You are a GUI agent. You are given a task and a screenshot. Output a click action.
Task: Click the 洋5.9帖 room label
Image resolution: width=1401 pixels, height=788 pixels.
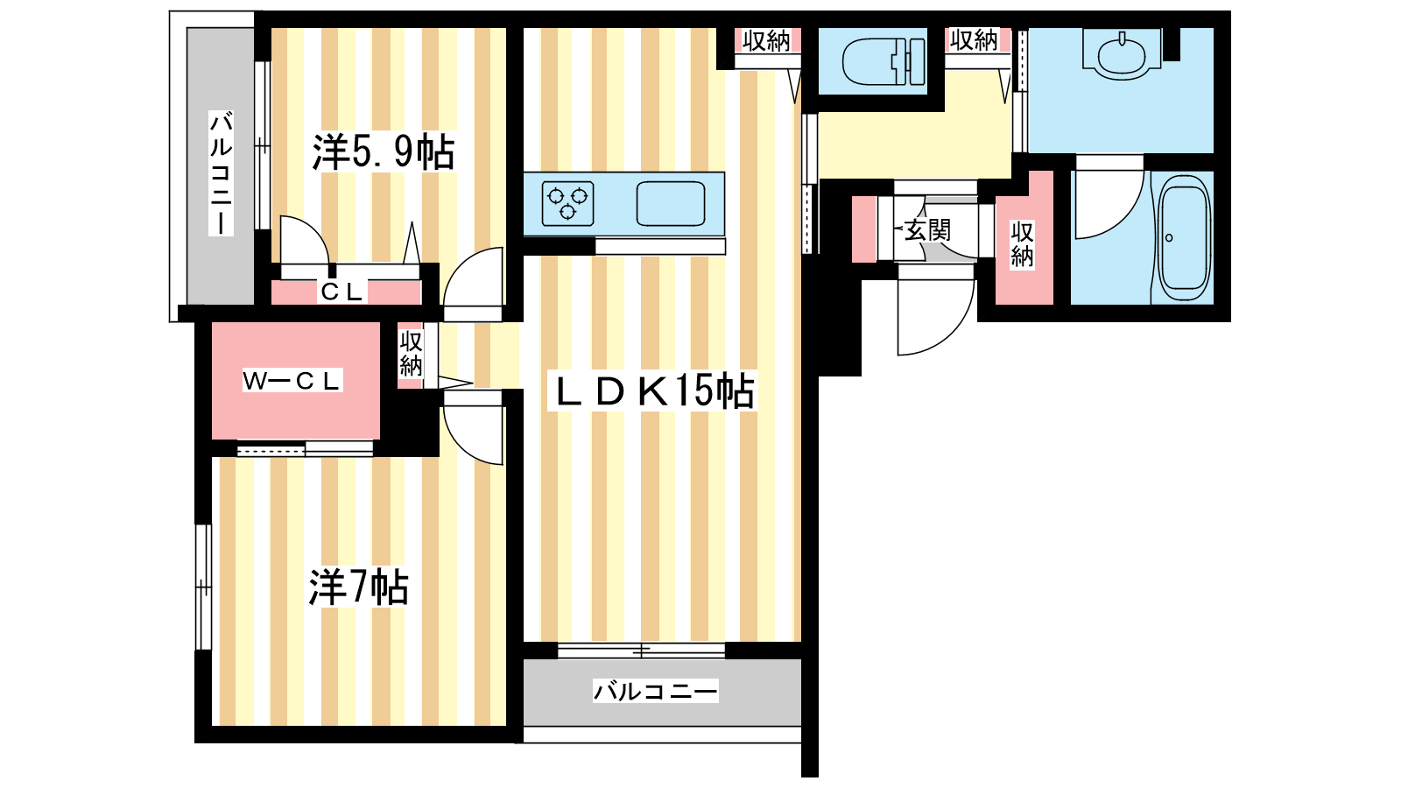pyautogui.click(x=383, y=152)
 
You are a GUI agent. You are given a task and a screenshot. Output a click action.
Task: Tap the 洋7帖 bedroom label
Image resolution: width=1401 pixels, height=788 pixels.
pyautogui.click(x=358, y=587)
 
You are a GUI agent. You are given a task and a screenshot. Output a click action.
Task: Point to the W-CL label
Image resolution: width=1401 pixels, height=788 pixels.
pyautogui.click(x=292, y=381)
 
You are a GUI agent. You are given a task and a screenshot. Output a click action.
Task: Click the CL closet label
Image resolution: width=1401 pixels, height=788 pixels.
pyautogui.click(x=341, y=292)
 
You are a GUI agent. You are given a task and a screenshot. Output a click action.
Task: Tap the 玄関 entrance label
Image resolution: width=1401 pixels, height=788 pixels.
pyautogui.click(x=927, y=230)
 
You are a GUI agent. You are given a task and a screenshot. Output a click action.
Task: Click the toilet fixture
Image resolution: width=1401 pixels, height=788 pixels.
pyautogui.click(x=884, y=62)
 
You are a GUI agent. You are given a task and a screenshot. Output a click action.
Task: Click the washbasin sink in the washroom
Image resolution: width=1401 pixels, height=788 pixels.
pyautogui.click(x=1122, y=53)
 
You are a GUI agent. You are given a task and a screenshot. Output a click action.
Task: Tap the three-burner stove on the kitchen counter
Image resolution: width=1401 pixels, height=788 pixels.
pyautogui.click(x=568, y=203)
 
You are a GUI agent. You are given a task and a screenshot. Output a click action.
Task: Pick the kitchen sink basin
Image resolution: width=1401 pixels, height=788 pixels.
pyautogui.click(x=671, y=203)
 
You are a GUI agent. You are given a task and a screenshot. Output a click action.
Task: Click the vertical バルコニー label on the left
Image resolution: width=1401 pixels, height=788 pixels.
pyautogui.click(x=221, y=173)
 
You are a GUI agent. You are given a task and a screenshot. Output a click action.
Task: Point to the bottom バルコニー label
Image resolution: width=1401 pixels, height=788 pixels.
pyautogui.click(x=656, y=691)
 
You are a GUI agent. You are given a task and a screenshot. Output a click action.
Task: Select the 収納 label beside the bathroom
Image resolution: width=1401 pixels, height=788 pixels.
pyautogui.click(x=1022, y=244)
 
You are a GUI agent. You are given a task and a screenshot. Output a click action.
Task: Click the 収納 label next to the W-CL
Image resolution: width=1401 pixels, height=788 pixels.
pyautogui.click(x=411, y=354)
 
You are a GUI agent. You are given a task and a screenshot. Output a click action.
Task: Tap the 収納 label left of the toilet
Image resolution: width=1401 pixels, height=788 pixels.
pyautogui.click(x=767, y=41)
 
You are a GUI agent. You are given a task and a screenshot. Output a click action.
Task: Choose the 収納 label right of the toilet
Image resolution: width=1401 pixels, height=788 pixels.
pyautogui.click(x=974, y=40)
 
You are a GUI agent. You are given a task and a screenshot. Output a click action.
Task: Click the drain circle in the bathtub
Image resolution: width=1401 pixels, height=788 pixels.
pyautogui.click(x=1169, y=237)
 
